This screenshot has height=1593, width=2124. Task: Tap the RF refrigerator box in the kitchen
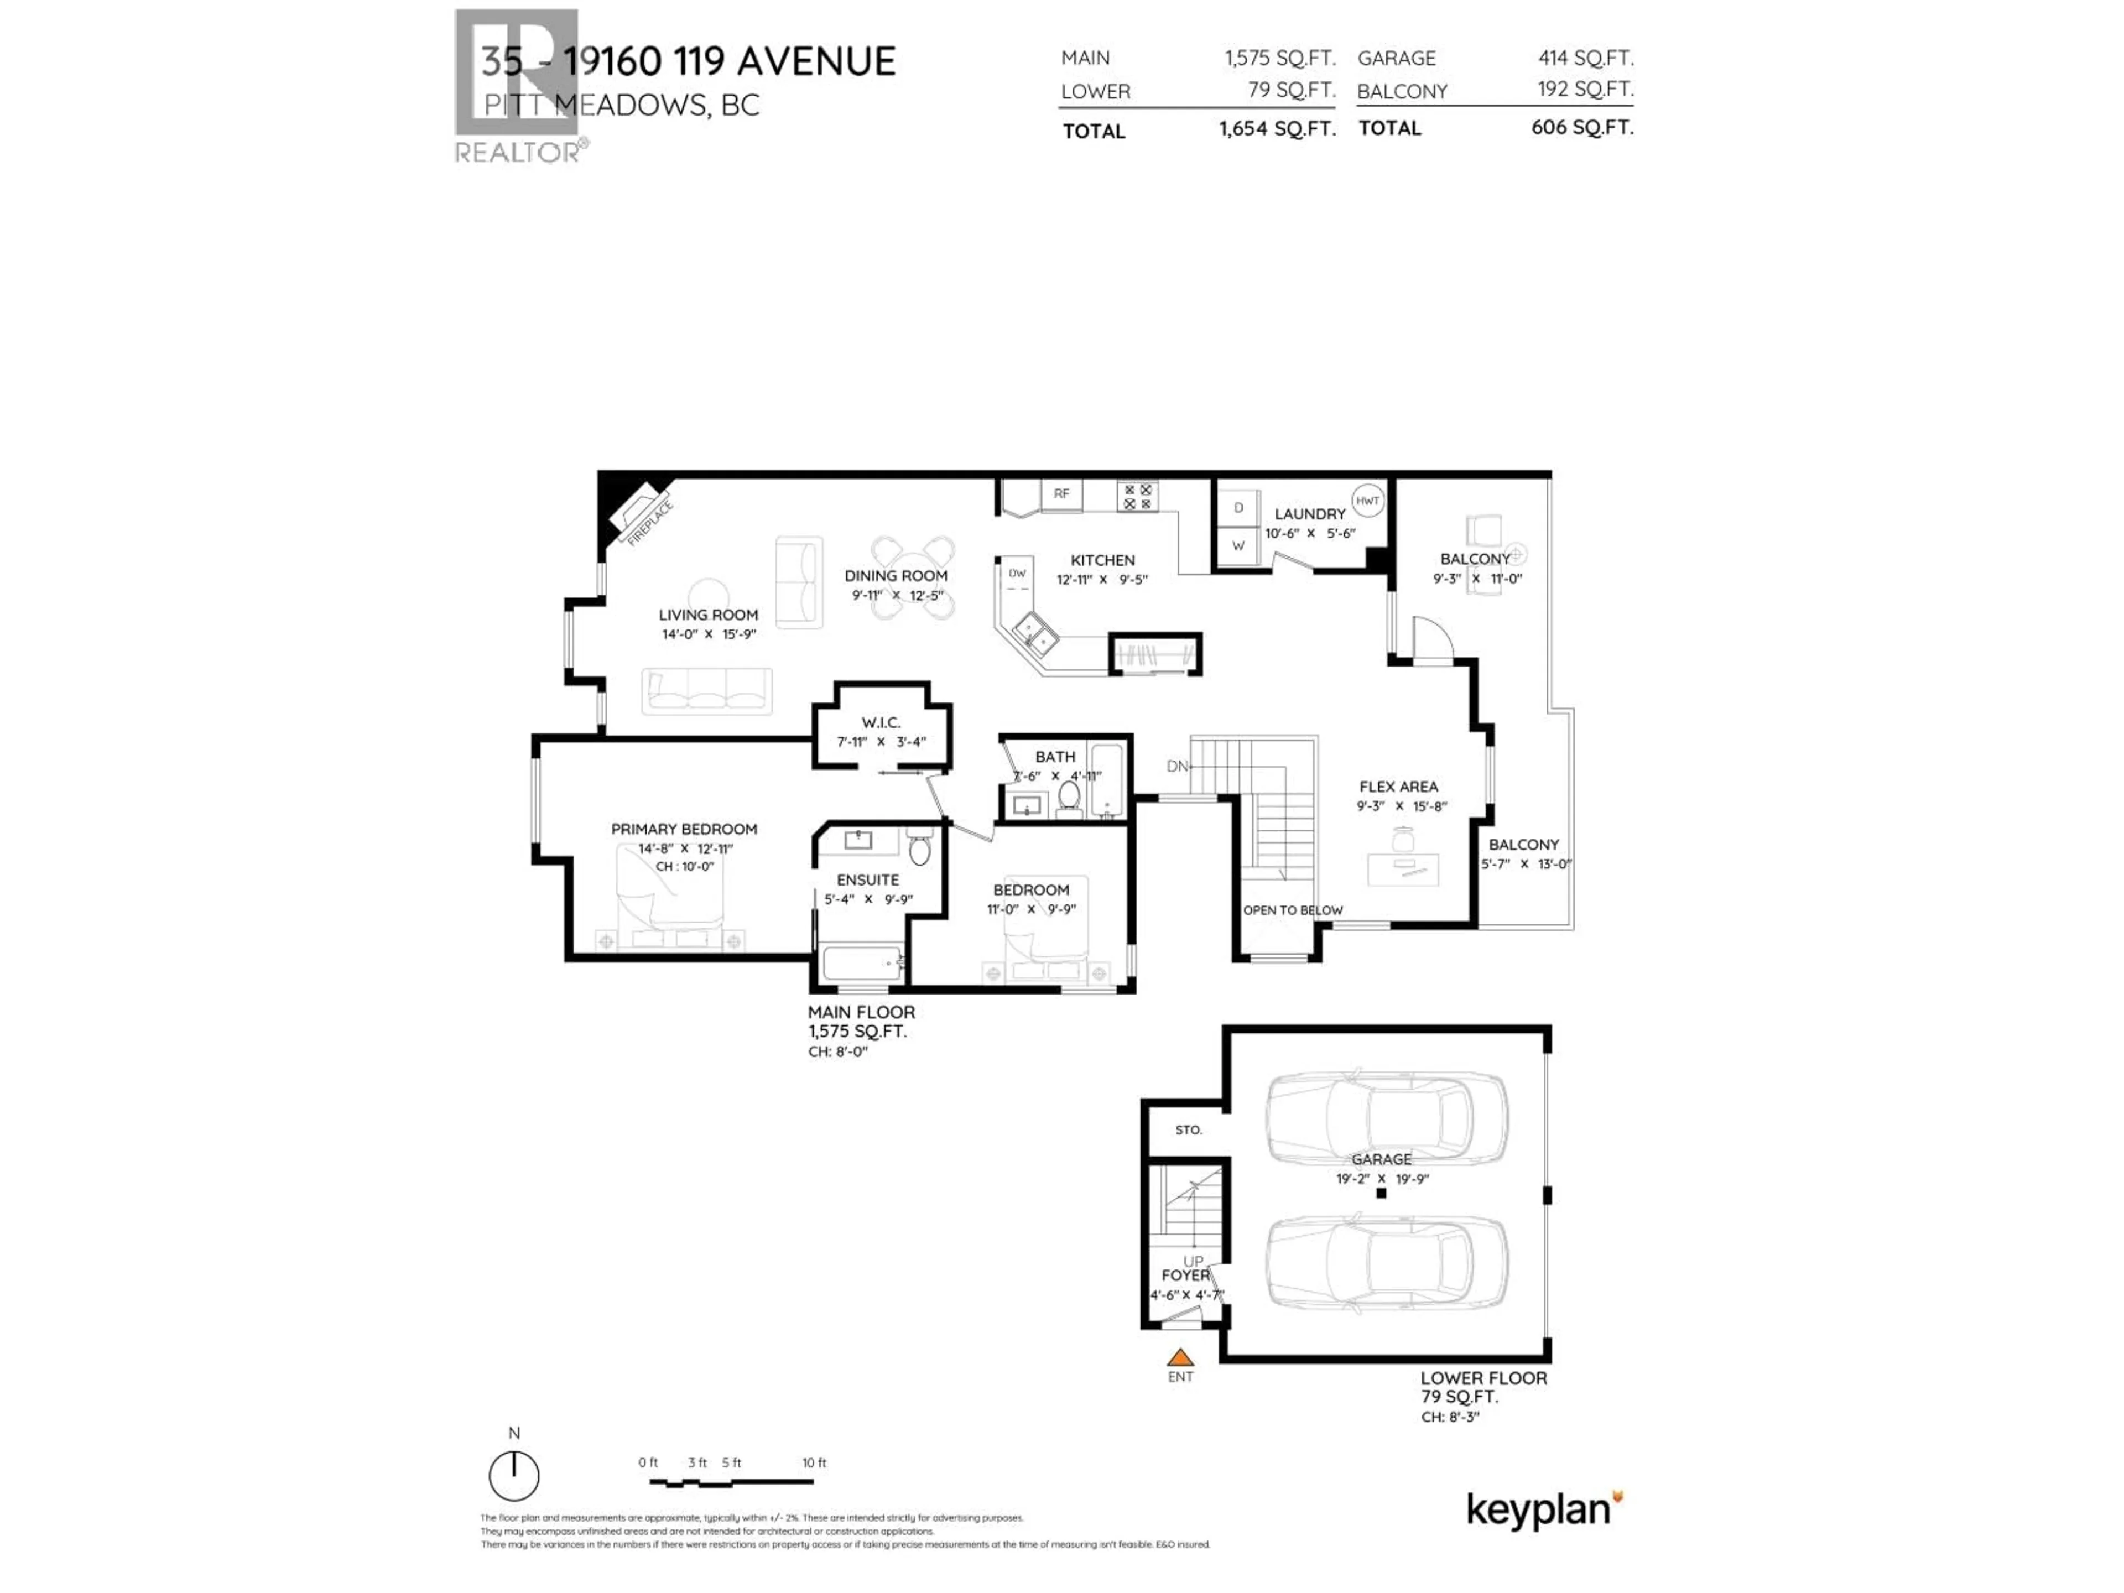[x=1061, y=493]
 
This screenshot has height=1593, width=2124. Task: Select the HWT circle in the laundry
[x=1367, y=500]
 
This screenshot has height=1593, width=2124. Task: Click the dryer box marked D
[x=1238, y=507]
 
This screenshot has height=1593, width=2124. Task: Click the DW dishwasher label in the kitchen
[x=1017, y=573]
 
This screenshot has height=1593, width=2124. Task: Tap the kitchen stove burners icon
[x=1138, y=497]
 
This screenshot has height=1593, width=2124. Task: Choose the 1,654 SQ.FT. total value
[x=1277, y=129]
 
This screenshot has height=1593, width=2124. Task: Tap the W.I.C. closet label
[x=881, y=722]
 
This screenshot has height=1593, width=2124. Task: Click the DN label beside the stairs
[x=1177, y=766]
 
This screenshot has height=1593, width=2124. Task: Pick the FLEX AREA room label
[x=1398, y=787]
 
